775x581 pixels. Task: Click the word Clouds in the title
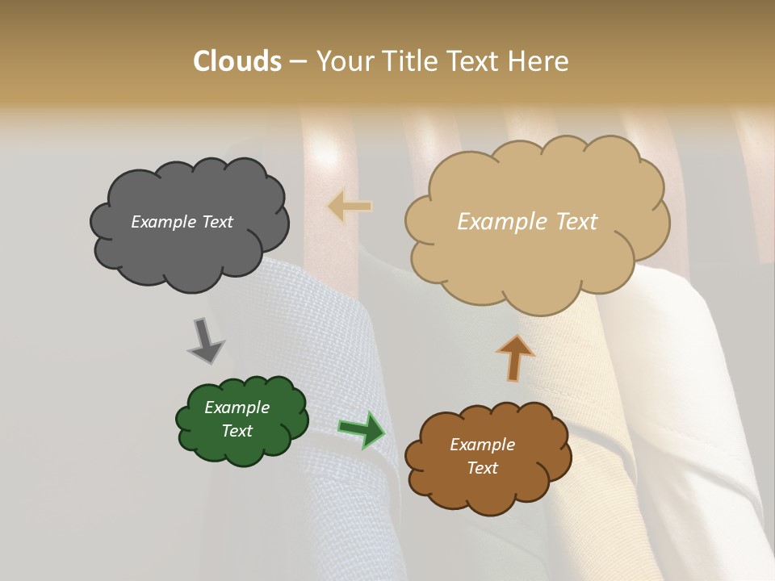[x=237, y=61]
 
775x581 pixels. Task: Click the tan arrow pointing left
[x=350, y=206]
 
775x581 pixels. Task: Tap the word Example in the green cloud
[x=237, y=408]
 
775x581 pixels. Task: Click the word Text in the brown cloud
[x=482, y=468]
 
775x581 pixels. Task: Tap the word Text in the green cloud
[x=237, y=431]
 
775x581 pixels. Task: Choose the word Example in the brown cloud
[x=482, y=445]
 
